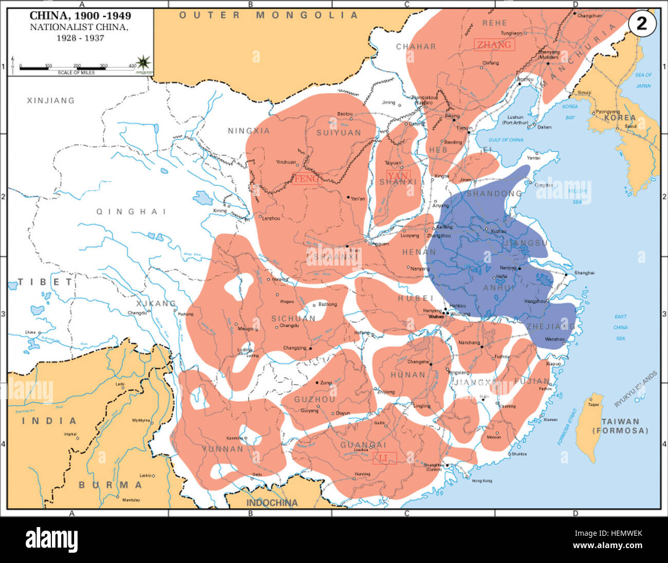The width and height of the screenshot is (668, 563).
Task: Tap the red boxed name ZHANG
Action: tap(494, 45)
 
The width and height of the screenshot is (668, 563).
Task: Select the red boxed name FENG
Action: tap(306, 179)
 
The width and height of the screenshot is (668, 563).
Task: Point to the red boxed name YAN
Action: tap(398, 176)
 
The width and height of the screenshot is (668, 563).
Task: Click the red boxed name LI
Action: tap(384, 458)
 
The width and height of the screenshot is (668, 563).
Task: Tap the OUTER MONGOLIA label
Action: tap(268, 15)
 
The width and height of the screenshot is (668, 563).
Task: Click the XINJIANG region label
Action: tap(50, 101)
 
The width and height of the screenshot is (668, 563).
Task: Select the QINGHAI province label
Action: tap(131, 211)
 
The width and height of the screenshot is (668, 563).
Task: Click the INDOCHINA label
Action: tap(272, 502)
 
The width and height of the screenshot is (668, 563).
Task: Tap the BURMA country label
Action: tap(110, 484)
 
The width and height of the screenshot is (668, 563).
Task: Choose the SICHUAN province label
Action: tap(293, 318)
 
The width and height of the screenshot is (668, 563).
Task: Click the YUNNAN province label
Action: tap(222, 448)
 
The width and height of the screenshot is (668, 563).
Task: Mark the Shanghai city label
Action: tap(584, 273)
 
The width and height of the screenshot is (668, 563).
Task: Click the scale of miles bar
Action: tap(77, 67)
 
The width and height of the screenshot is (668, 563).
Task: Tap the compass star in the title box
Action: tap(144, 62)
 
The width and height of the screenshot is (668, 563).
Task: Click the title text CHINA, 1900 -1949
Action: tap(80, 16)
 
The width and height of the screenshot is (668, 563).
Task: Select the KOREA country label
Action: tap(619, 118)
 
